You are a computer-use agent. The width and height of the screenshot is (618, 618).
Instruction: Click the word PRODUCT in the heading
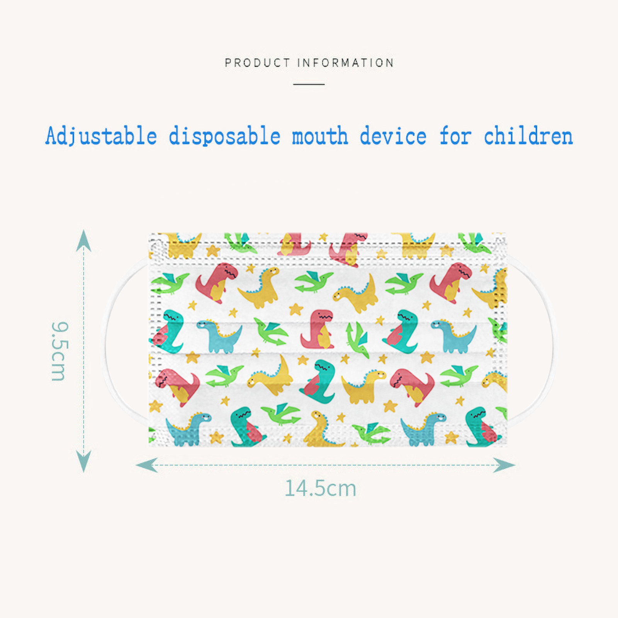[x=257, y=63]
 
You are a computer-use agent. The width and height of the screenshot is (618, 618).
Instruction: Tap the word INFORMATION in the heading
[x=346, y=63]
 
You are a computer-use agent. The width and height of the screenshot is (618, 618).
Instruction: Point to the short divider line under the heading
[x=309, y=84]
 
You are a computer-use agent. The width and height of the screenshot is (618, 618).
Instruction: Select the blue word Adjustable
[x=101, y=136]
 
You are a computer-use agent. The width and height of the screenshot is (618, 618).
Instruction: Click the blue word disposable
[x=224, y=136]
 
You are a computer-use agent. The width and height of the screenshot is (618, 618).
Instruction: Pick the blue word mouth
[x=320, y=136]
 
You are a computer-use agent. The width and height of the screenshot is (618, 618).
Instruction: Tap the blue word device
[x=393, y=136]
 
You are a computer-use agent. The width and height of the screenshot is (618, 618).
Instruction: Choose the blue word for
[x=455, y=136]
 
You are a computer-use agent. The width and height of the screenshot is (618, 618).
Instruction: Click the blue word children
[x=528, y=136]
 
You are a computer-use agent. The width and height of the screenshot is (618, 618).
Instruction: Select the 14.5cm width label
[x=320, y=488]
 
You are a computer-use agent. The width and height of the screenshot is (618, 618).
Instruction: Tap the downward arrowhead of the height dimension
[x=83, y=461]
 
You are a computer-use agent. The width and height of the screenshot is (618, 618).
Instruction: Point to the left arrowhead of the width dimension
[x=147, y=465]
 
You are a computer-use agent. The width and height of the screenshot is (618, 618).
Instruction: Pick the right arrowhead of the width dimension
[x=504, y=465]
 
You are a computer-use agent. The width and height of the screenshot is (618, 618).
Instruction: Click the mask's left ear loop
[x=107, y=340]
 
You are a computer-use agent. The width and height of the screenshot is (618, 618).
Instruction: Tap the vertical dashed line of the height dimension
[x=83, y=351]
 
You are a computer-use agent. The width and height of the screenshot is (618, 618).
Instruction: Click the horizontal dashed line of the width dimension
[x=326, y=465]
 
